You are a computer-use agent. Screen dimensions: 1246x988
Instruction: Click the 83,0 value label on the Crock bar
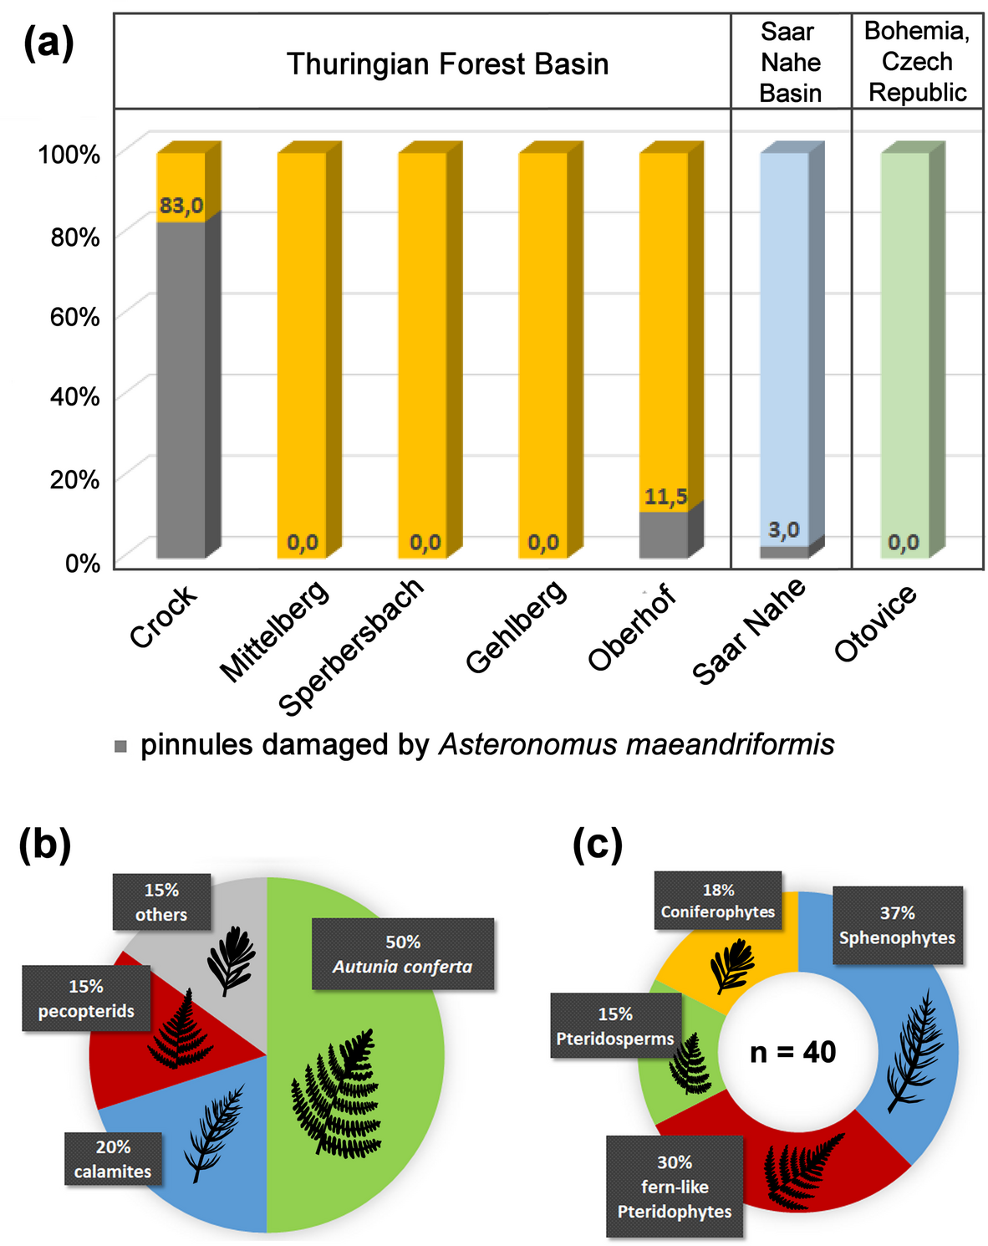pos(181,206)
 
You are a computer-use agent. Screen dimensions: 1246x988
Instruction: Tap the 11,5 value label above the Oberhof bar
pos(665,498)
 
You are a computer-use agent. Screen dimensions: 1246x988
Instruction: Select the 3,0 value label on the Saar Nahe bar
pos(784,530)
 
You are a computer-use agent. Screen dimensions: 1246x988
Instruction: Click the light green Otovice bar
pos(904,334)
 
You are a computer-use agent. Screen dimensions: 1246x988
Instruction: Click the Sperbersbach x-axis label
pos(351,646)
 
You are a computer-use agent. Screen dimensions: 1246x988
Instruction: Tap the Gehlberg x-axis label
pos(516,626)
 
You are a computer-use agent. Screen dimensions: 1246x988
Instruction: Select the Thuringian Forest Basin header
pos(447,64)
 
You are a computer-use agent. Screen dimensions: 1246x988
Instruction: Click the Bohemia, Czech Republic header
pos(917,62)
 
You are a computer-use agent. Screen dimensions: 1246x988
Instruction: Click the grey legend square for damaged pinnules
pos(121,746)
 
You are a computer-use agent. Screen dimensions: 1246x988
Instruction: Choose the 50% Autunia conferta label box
pos(403,954)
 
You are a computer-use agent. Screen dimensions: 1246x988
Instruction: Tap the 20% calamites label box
pos(113,1159)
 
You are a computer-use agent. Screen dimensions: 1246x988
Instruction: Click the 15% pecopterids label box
pos(86,998)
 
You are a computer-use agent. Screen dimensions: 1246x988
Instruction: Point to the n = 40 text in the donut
pos(792,1052)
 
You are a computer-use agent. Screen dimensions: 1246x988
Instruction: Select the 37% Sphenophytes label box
pos(897,926)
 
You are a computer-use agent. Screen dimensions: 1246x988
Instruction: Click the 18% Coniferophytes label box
pos(718,901)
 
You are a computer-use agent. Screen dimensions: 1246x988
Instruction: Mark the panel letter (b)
pos(45,845)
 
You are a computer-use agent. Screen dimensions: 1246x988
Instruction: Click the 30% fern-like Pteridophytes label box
pos(675,1187)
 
